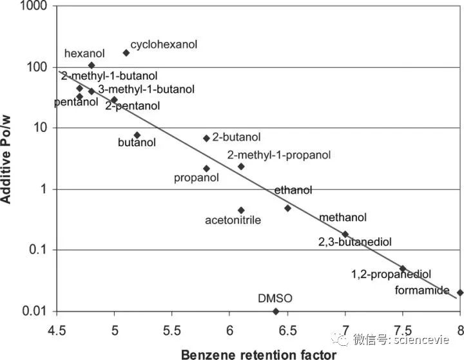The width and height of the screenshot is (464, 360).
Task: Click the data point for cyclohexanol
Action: coord(126,53)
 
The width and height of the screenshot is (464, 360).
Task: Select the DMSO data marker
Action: coord(276,311)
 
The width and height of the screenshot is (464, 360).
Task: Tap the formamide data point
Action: coord(460,292)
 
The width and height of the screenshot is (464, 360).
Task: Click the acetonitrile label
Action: coord(233,220)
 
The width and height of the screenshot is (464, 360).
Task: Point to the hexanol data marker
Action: coord(91,65)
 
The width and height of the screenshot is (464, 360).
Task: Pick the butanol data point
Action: coord(137,135)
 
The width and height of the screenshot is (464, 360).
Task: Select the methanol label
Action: coord(343,218)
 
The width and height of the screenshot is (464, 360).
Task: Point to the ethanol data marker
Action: coord(287,208)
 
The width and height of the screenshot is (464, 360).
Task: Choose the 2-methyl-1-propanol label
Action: coord(279,155)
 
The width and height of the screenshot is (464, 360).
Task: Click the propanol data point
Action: coord(206,169)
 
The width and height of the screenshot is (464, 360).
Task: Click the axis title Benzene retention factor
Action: coord(258,353)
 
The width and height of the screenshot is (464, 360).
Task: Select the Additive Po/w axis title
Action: coord(8,158)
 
